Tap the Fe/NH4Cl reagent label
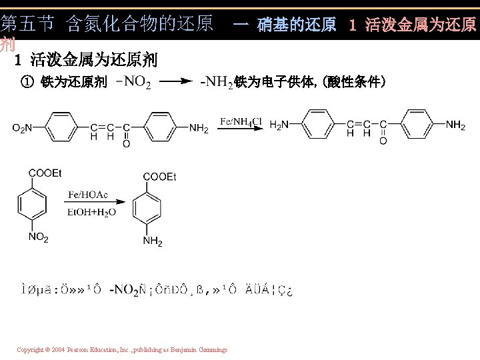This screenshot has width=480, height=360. point(241,121)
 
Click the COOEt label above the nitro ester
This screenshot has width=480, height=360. point(45,173)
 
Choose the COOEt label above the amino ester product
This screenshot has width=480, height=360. point(159,177)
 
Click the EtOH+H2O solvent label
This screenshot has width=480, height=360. point(91,212)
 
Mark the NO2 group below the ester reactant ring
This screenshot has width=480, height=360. point(38,238)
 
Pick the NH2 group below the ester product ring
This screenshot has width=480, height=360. point(153,241)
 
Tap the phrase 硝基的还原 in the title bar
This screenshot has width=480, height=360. point(297,25)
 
